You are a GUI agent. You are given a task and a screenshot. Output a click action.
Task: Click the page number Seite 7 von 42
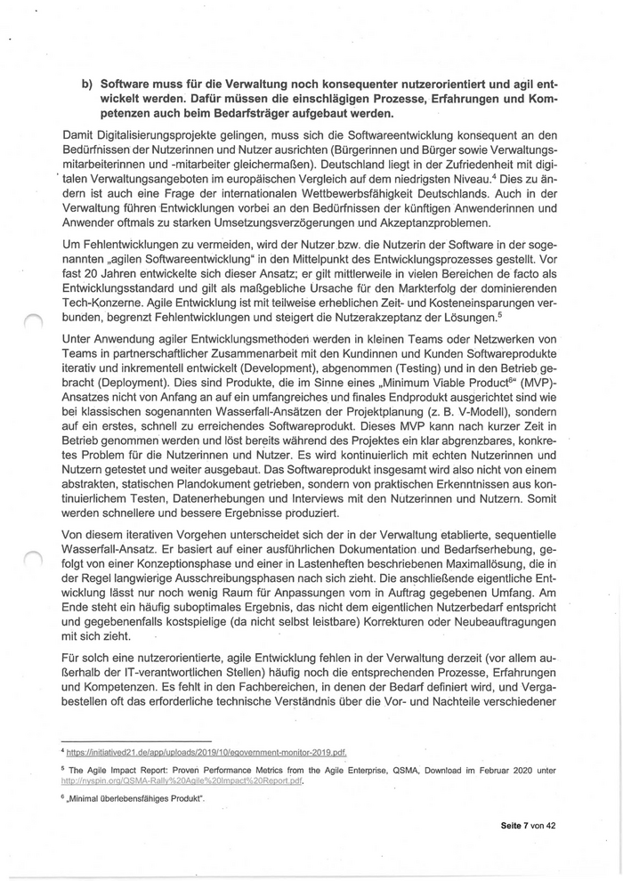(x=528, y=826)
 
